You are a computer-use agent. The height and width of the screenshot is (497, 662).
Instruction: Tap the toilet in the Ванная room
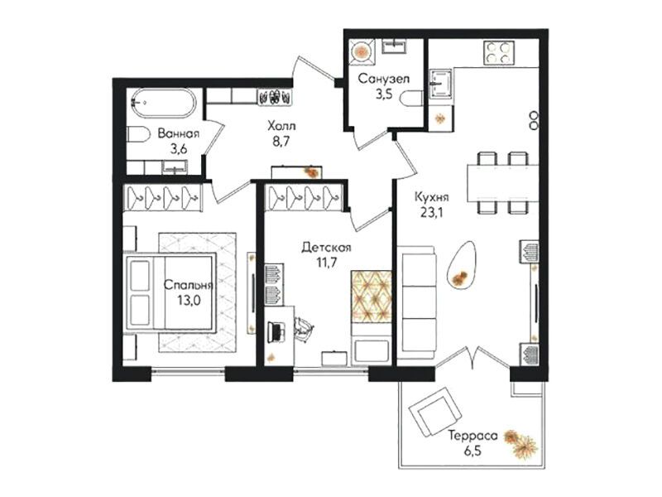click(x=138, y=135)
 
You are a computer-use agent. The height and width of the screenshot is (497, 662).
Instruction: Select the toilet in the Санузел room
click(x=412, y=99)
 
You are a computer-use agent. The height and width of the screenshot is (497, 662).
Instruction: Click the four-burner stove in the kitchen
click(x=499, y=52)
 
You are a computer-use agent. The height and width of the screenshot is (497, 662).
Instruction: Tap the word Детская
click(x=326, y=247)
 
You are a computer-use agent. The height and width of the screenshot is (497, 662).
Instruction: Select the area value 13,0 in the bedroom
click(x=189, y=300)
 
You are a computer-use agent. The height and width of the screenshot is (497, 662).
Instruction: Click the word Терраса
click(x=473, y=436)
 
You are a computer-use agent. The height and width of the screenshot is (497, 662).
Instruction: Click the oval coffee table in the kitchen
click(x=462, y=265)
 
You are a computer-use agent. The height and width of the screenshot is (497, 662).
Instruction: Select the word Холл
click(x=281, y=126)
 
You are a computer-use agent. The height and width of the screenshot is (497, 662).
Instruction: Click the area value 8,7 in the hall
click(x=281, y=141)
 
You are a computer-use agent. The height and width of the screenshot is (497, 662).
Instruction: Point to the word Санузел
click(x=384, y=79)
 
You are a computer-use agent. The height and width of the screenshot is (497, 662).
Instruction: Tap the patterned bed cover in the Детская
click(x=371, y=296)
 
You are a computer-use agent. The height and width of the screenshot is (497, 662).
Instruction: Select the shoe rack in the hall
click(x=275, y=97)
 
